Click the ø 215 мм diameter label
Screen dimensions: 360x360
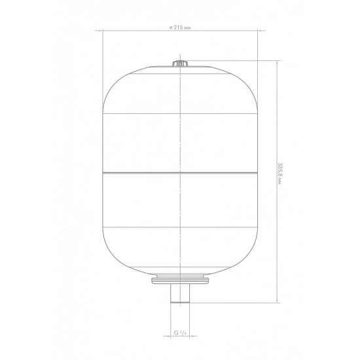[x=180, y=27]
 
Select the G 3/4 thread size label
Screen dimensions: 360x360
[x=180, y=333]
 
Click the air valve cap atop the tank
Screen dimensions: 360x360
[x=180, y=63]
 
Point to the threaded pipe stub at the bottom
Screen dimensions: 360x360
[x=180, y=293]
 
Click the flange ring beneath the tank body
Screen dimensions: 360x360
[x=180, y=280]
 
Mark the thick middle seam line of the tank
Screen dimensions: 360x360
[x=180, y=172]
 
